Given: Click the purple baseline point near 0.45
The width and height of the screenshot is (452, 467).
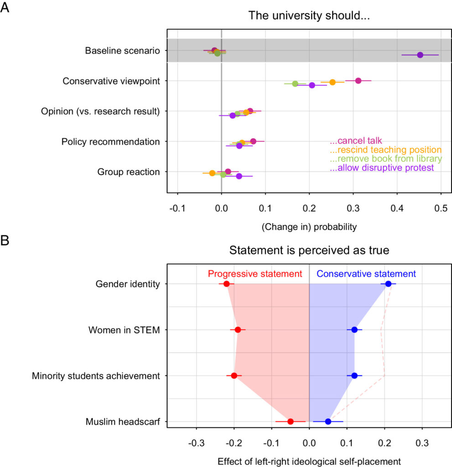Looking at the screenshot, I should click(x=420, y=55).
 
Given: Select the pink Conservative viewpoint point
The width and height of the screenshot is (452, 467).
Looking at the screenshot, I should click(x=358, y=81).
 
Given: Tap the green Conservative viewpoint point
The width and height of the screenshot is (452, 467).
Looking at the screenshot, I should click(x=295, y=84).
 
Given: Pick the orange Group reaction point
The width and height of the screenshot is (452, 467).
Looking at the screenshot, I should click(x=212, y=173).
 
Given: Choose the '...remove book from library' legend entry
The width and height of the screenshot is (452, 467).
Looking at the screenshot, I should click(x=385, y=159).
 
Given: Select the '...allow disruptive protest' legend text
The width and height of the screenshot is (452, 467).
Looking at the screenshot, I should click(x=381, y=168).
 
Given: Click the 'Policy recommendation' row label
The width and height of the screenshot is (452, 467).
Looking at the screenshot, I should click(x=110, y=142).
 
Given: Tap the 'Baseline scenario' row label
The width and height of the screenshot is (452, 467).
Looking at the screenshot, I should click(x=122, y=51).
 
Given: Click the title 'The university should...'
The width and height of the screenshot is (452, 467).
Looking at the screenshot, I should click(x=308, y=16).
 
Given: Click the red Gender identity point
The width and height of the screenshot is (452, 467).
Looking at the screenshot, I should click(x=226, y=284).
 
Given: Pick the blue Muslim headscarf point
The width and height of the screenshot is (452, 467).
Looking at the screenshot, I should click(x=328, y=421).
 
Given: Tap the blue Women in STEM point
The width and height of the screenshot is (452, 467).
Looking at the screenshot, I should click(x=354, y=330).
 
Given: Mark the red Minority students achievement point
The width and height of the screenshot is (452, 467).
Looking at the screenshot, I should click(x=234, y=376).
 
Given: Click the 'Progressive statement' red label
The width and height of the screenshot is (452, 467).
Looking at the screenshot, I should click(x=255, y=274).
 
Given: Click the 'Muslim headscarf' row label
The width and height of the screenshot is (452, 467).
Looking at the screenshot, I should click(x=123, y=422).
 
